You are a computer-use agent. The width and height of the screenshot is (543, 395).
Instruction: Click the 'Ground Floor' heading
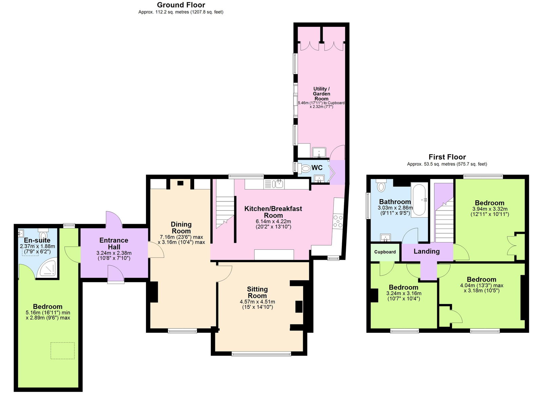[x=181, y=5]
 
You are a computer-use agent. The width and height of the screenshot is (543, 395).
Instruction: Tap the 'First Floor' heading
[x=447, y=157]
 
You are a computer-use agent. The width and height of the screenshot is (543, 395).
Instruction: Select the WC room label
[x=317, y=168]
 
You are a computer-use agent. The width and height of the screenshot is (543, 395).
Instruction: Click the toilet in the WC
[x=305, y=168]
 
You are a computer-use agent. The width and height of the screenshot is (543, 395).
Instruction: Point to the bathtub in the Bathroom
[x=419, y=200]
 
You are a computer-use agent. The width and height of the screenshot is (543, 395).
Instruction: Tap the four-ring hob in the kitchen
[x=338, y=221]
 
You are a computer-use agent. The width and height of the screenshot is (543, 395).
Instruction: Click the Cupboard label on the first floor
[x=385, y=252]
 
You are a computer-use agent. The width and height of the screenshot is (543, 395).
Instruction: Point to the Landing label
[x=427, y=251]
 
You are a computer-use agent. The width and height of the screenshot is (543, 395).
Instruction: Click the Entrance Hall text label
[x=114, y=244]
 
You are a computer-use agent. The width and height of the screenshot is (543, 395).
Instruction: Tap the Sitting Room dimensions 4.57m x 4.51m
[x=257, y=302]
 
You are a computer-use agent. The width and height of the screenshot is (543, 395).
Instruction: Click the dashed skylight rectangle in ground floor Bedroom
[x=62, y=351]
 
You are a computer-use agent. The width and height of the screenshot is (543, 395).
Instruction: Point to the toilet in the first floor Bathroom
[x=381, y=186]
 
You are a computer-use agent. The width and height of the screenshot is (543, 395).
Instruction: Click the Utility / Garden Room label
[x=321, y=94]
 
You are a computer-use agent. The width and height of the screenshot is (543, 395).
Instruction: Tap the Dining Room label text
[x=181, y=228]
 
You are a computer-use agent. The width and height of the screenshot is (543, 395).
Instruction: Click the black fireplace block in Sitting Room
[x=299, y=306]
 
